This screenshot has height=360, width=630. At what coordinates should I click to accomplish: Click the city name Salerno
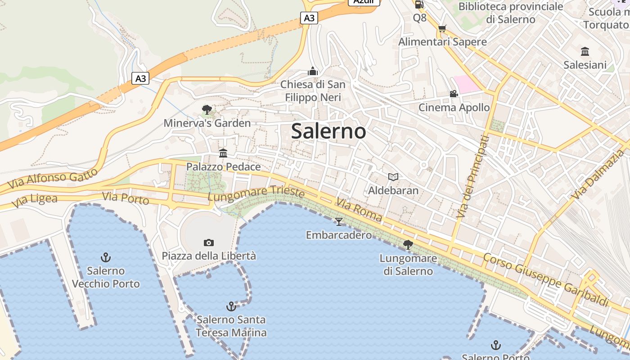[x=328, y=131]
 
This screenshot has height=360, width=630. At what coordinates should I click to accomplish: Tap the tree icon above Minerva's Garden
[x=207, y=109]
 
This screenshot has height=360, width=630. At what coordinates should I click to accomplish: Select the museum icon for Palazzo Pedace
[x=223, y=153]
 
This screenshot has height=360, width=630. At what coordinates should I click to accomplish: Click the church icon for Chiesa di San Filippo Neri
[x=313, y=71]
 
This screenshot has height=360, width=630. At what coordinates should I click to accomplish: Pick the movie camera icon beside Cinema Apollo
[x=454, y=94]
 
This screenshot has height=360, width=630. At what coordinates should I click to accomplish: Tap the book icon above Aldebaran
[x=393, y=177]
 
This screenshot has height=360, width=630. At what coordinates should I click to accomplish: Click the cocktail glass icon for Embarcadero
[x=339, y=221]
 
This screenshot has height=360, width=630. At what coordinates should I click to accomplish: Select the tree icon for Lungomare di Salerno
[x=408, y=245]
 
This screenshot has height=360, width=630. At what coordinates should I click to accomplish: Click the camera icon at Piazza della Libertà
[x=208, y=243]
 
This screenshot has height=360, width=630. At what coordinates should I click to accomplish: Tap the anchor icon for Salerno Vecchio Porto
[x=106, y=257]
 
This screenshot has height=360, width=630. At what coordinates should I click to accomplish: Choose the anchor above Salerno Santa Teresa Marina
[x=231, y=306]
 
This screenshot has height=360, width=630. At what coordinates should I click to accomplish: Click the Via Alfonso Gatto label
[x=53, y=178]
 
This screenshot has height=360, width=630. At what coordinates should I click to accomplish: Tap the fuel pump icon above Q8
[x=419, y=4]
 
